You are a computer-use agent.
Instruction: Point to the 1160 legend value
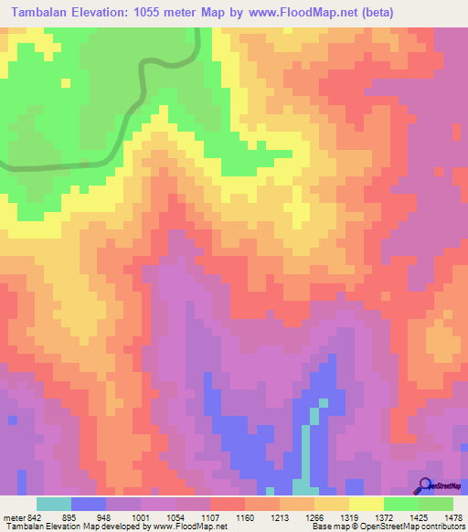245,516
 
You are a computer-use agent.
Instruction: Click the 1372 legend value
384,516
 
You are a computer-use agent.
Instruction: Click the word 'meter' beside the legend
13,516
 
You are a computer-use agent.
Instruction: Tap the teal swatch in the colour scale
54,504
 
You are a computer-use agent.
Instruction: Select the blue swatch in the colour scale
89,504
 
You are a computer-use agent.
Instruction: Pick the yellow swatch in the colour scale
367,504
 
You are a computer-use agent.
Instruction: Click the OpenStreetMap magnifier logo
424,485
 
